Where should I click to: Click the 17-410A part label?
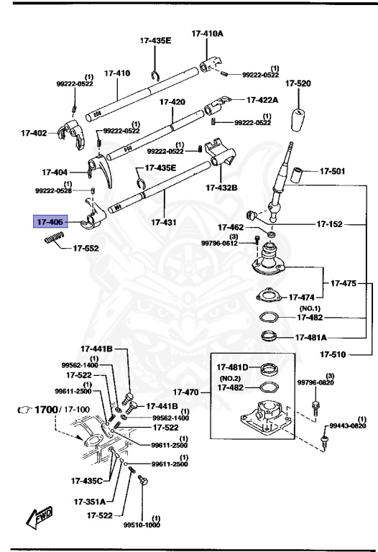click(x=207, y=33)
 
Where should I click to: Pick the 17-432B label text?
click(x=221, y=188)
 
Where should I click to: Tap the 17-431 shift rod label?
click(x=165, y=223)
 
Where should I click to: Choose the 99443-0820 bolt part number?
click(x=348, y=425)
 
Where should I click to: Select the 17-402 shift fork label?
click(x=34, y=132)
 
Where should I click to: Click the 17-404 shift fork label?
click(x=55, y=172)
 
